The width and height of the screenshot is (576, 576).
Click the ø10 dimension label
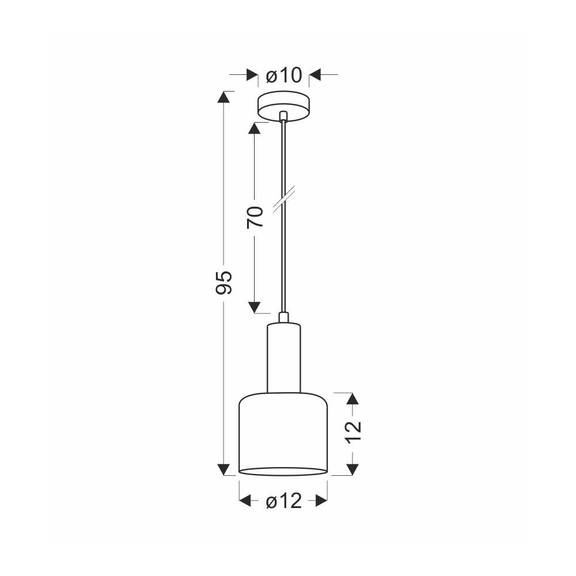click(x=283, y=75)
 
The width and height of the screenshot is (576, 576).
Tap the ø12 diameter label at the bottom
click(x=283, y=501)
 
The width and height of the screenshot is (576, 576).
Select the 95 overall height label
click(x=223, y=282)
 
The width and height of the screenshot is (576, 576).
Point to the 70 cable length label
click(x=255, y=217)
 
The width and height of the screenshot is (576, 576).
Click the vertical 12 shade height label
click(x=353, y=433)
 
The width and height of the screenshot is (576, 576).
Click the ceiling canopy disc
click(x=283, y=106)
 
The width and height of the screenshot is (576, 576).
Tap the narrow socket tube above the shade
click(x=283, y=358)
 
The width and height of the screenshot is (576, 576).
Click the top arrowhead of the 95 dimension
click(x=223, y=97)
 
